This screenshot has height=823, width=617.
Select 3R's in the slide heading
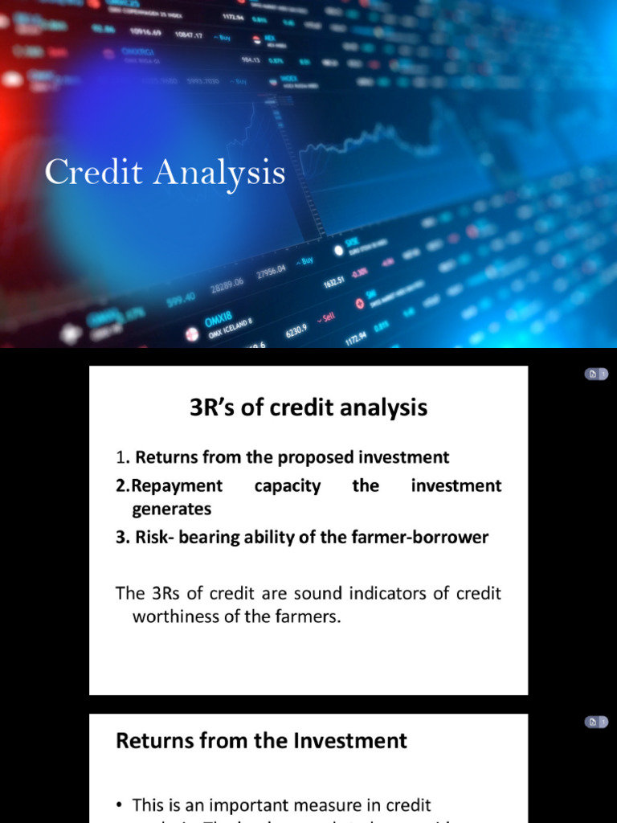tap(210, 408)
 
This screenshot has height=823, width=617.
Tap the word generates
tap(172, 510)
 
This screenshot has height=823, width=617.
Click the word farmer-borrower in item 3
tap(423, 538)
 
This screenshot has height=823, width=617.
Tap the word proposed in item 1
tap(315, 457)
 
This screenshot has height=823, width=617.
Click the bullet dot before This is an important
tap(121, 805)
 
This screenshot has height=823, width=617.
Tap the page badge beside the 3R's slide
tap(595, 375)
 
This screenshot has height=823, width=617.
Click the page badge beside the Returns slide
tap(595, 723)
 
